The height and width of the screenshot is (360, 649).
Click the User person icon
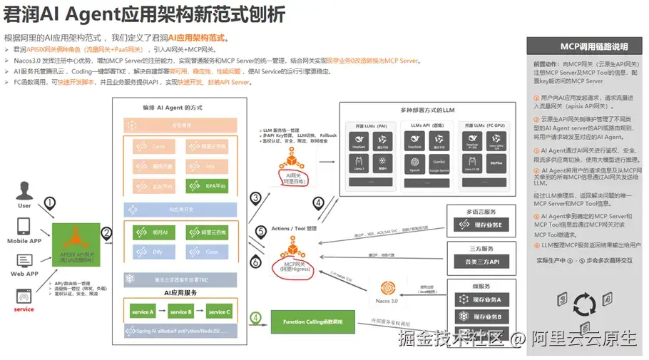pos(24,192)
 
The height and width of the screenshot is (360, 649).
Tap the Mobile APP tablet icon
pos(24,227)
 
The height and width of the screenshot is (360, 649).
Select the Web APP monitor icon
pos(24,259)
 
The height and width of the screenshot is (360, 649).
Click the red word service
pos(24,309)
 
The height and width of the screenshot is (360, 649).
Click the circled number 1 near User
pos(49,202)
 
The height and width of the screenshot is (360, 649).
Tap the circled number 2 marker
pos(106,232)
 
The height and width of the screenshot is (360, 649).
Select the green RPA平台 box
pos(207,186)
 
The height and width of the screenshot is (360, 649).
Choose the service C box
pos(218,312)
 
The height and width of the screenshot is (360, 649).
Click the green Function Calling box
pos(312,322)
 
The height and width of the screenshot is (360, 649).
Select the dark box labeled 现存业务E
pos(480,225)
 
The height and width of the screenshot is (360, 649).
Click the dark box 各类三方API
pos(480,262)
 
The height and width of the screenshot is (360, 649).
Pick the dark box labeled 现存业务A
pos(480,299)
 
